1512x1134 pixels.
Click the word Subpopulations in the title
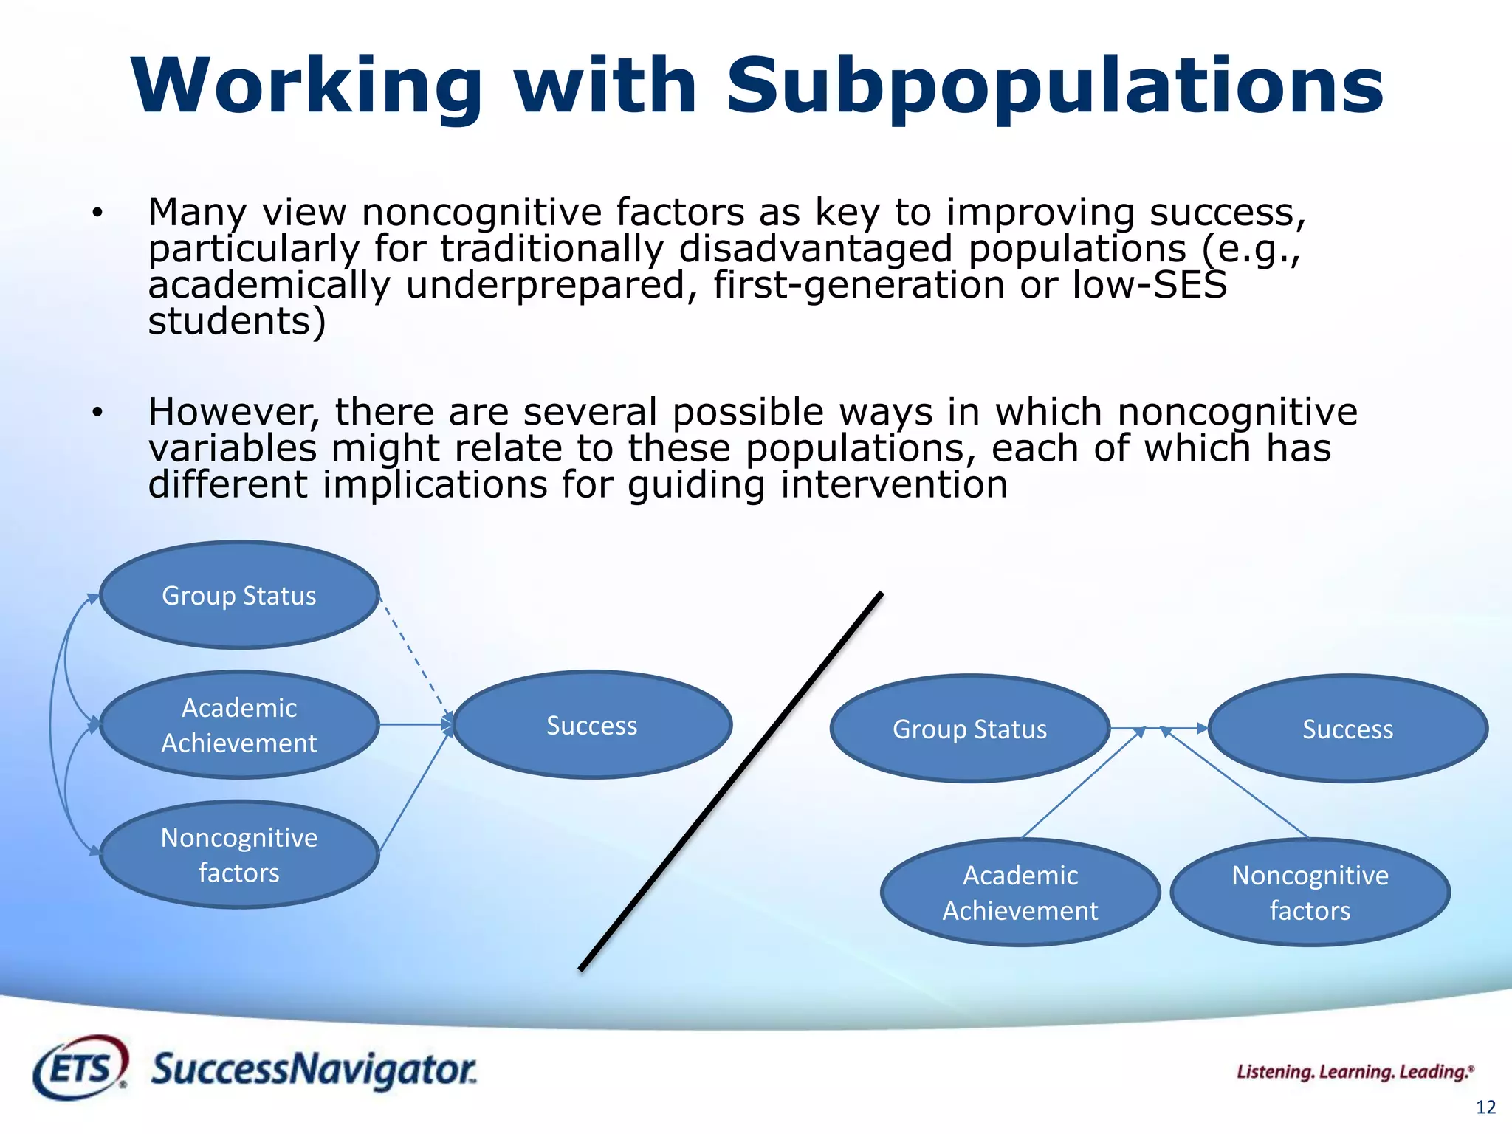[1054, 87]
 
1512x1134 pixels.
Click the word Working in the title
[306, 87]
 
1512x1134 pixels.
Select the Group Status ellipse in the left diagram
[239, 595]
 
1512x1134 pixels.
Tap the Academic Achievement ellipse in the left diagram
[239, 725]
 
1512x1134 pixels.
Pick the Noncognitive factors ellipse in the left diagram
[239, 855]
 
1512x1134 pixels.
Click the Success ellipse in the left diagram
[592, 725]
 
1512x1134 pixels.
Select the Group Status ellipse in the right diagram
[969, 729]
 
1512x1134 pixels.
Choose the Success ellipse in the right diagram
[1347, 729]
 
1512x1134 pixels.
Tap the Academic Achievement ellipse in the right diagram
[1020, 893]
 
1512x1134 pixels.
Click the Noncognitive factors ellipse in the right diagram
[1310, 893]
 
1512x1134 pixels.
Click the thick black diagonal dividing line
[731, 781]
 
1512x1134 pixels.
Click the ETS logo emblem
[80, 1068]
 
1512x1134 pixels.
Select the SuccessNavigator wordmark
[314, 1070]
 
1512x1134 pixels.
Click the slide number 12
[1485, 1107]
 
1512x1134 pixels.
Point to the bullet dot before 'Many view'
[97, 213]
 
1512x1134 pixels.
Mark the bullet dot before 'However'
[97, 413]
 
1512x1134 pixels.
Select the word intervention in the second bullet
[893, 485]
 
